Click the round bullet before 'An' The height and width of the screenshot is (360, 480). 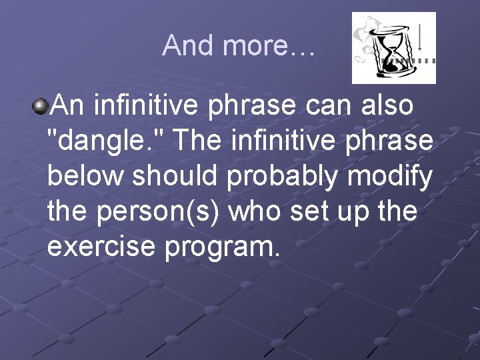point(41,105)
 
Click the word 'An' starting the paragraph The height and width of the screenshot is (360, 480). point(70,105)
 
